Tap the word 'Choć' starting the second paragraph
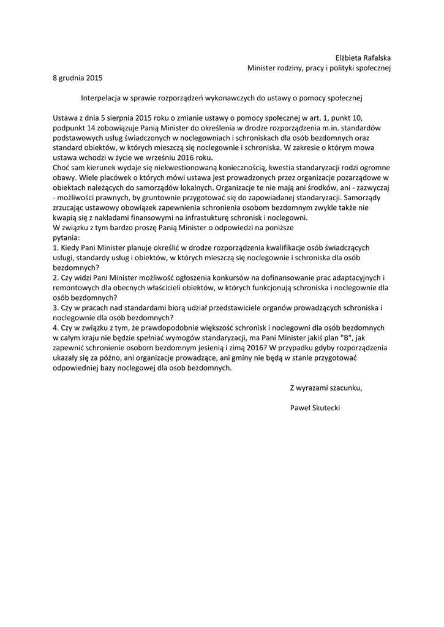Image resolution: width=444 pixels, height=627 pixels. pyautogui.click(x=62, y=168)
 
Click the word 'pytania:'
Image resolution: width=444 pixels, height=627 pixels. pyautogui.click(x=67, y=238)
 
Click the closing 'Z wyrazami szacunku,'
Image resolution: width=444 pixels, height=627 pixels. pyautogui.click(x=326, y=388)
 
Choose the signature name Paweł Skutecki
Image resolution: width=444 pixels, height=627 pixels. pyautogui.click(x=315, y=407)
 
